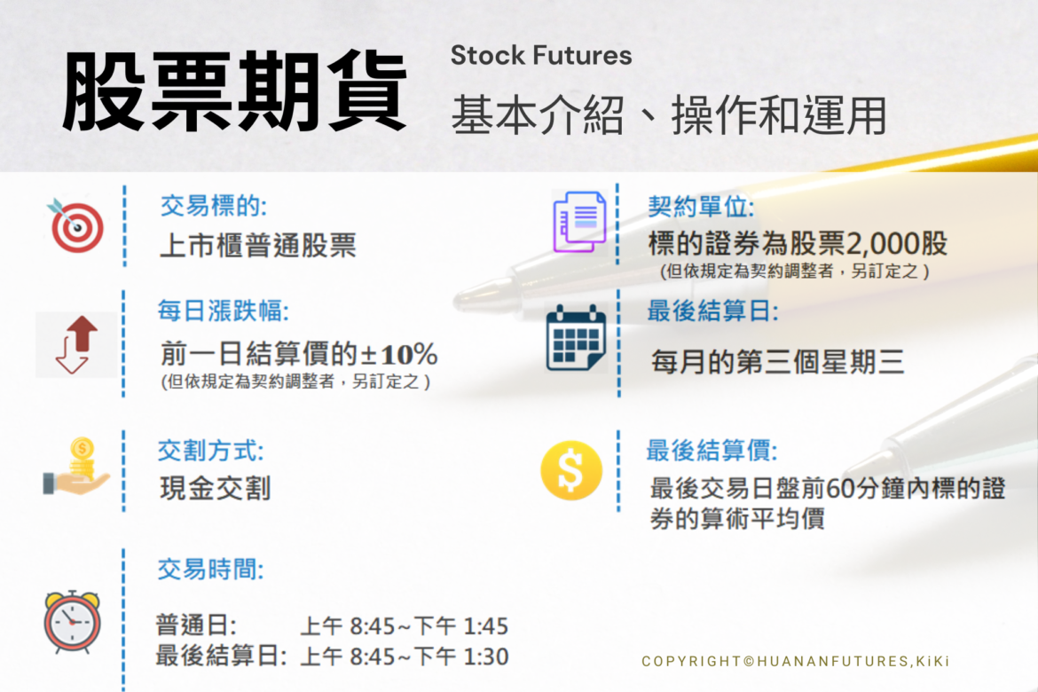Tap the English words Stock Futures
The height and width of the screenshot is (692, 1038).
point(541,56)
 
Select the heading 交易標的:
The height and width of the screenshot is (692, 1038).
point(213,207)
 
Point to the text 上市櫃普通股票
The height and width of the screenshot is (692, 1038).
point(257,245)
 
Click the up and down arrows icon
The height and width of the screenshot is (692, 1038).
point(75,345)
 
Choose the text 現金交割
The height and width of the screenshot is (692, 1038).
point(214,488)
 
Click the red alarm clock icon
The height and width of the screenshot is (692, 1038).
point(72,621)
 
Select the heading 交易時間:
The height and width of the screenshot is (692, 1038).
point(210,569)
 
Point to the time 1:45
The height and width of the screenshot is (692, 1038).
point(485,627)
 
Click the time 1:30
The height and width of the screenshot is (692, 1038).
point(485,657)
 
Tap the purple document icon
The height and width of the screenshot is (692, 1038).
point(579,222)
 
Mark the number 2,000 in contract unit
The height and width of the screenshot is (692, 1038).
point(896,244)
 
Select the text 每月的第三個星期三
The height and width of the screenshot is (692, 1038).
point(777,362)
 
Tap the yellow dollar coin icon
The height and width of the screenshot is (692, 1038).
point(571,470)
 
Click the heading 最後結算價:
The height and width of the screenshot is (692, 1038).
point(712,451)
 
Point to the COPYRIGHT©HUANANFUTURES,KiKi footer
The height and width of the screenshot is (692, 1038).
point(796,661)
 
